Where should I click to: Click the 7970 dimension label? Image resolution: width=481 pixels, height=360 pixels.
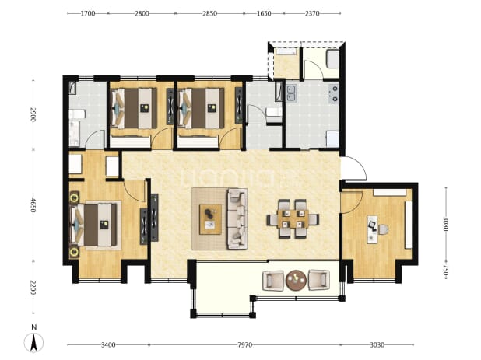coord(244,345)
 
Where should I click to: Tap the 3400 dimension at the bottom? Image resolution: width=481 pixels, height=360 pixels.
coord(108,345)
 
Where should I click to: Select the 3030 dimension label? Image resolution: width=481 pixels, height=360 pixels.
coord(377,345)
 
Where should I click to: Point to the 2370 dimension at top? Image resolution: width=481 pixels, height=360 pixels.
coord(312,13)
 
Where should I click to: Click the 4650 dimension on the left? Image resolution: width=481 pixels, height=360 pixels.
coord(33,205)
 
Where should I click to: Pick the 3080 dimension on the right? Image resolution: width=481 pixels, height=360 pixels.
coord(446,224)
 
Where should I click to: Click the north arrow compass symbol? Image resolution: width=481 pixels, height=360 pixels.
coord(33,342)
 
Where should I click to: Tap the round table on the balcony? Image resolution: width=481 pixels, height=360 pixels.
coord(296,280)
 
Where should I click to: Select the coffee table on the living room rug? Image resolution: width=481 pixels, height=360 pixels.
coord(210,219)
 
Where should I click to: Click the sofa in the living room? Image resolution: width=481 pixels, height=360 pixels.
coord(237,218)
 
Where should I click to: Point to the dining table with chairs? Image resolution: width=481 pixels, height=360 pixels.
coord(293,218)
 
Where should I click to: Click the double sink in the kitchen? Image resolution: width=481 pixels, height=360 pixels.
coord(291,93)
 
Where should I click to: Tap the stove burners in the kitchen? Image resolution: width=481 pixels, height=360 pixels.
coord(334,93)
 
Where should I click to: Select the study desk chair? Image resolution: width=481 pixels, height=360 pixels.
coord(384,229)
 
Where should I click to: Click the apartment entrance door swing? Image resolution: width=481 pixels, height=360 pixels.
coord(354,169)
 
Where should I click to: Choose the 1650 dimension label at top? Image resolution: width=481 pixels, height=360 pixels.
coord(264,13)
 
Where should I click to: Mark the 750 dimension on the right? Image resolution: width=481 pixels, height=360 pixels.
coord(446,271)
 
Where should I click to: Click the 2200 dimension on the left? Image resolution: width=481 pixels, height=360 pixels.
coord(33,288)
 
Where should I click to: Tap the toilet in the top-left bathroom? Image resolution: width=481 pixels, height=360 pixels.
coord(76,115)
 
